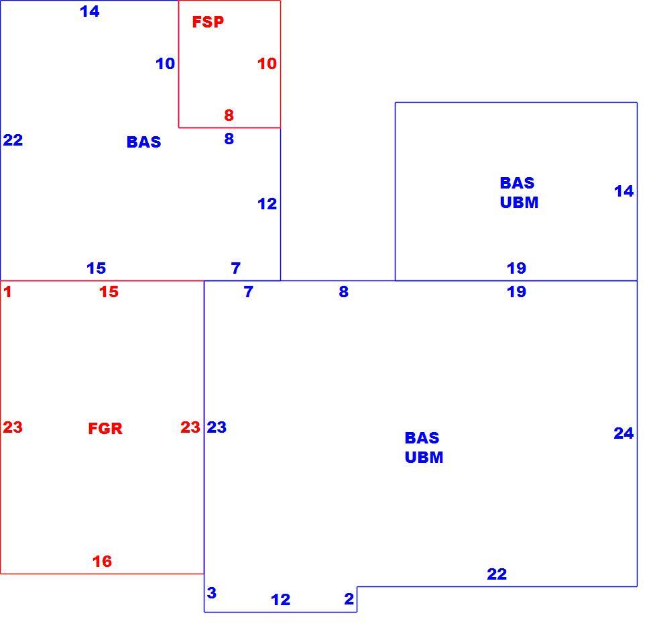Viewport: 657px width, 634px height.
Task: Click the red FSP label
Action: pyautogui.click(x=208, y=21)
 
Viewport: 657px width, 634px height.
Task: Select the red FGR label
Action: pyautogui.click(x=105, y=428)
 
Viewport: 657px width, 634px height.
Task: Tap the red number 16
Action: pyautogui.click(x=102, y=561)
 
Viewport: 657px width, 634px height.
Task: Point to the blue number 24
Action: pyautogui.click(x=623, y=433)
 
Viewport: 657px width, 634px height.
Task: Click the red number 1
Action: pyautogui.click(x=7, y=291)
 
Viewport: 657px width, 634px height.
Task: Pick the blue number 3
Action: pyautogui.click(x=212, y=592)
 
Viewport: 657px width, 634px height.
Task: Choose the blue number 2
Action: pyautogui.click(x=349, y=598)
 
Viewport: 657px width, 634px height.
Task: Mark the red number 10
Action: pyautogui.click(x=267, y=64)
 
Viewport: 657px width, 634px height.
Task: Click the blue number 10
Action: pyautogui.click(x=165, y=64)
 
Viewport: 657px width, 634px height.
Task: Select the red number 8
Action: pyautogui.click(x=229, y=115)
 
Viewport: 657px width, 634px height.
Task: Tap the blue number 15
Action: pyautogui.click(x=96, y=268)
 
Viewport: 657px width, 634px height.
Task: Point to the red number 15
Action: pyautogui.click(x=109, y=291)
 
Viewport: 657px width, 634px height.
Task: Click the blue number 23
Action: pyautogui.click(x=217, y=427)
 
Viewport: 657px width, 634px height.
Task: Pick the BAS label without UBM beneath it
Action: pyautogui.click(x=143, y=142)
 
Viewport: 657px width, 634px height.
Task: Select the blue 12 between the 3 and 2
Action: pyautogui.click(x=280, y=599)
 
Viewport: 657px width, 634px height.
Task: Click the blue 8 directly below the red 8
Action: pyautogui.click(x=229, y=138)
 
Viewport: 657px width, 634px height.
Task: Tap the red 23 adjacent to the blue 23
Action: pyautogui.click(x=190, y=427)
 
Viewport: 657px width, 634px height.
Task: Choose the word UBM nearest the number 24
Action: pyautogui.click(x=424, y=457)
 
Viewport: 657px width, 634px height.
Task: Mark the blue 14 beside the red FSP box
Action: pyautogui.click(x=90, y=11)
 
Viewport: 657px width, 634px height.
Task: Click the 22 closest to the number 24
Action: pyautogui.click(x=497, y=574)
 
